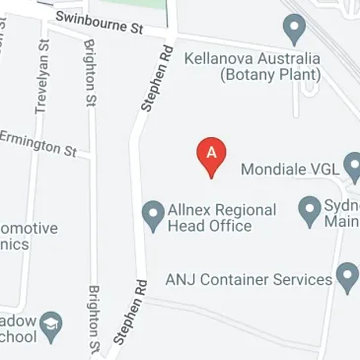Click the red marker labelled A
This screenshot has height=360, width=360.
(x=212, y=154)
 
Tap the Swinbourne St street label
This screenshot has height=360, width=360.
(x=99, y=24)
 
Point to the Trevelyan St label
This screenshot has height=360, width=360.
(x=41, y=76)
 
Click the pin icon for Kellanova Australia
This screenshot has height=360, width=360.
(x=293, y=28)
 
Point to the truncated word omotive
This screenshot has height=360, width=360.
(x=28, y=228)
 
